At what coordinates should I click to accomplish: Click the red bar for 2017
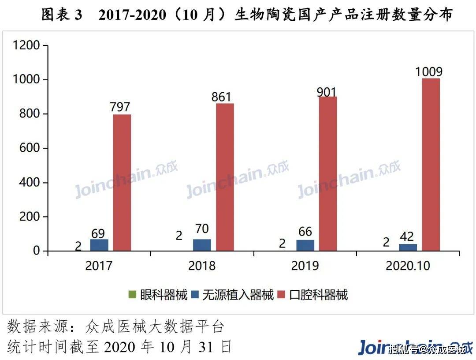tap(122, 183)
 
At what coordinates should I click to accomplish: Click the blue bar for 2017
tap(99, 245)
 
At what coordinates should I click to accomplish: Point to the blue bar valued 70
tap(202, 245)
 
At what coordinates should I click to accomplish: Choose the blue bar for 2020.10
tap(408, 247)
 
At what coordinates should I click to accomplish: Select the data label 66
tap(305, 232)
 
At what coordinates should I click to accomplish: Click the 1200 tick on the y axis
tap(26, 45)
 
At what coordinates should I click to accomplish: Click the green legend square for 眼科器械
tap(131, 294)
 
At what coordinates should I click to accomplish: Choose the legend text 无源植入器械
tap(238, 294)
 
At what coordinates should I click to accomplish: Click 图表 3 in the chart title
tap(62, 15)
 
